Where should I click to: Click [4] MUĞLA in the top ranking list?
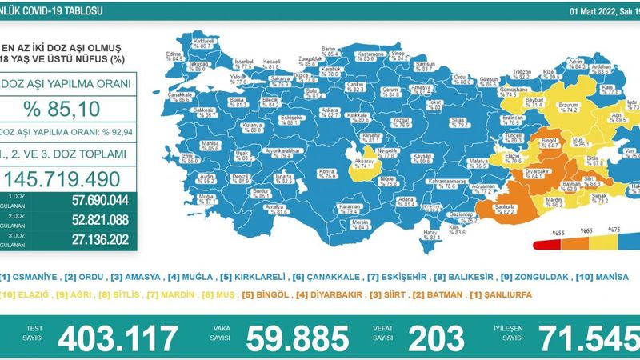tap(183, 278)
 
